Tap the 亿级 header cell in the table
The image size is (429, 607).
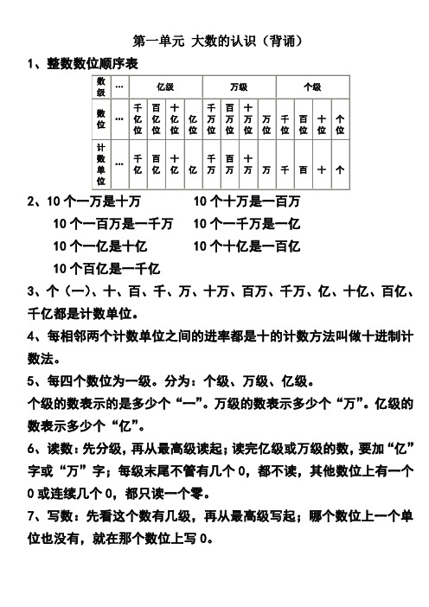coord(164,86)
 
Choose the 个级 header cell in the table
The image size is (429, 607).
coord(311,86)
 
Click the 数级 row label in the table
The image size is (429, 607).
coord(101,86)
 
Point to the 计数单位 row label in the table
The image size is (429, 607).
coord(101,164)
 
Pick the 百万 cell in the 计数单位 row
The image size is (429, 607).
coord(229,164)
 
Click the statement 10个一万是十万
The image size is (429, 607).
coord(95,202)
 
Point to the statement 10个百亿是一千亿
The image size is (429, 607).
coord(108,268)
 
